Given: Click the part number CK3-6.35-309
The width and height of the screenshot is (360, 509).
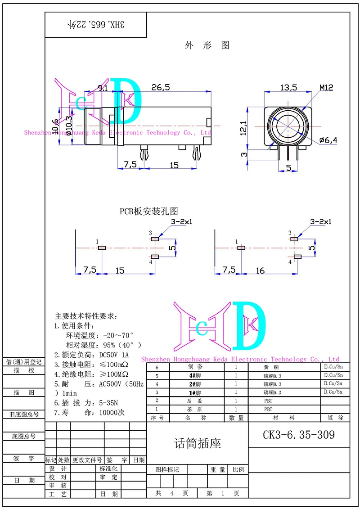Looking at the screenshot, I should coord(299,435).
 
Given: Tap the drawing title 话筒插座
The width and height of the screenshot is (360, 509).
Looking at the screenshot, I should coord(198,444).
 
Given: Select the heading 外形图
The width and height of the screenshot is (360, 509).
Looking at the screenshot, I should coord(207,45).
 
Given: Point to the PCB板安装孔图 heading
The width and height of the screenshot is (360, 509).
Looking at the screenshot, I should coord(149,211).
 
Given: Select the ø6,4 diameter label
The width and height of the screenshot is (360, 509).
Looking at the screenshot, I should coord(328,140).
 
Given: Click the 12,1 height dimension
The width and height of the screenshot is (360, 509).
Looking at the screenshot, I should coord(243,128).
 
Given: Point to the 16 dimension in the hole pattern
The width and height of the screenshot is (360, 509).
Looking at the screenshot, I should coord(260,270).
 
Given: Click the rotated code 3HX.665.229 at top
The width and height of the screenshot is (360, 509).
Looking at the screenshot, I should coord(96,25).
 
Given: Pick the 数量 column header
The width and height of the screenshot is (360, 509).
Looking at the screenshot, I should coord(236,418).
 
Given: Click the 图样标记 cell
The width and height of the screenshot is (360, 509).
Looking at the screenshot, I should coord(167,469).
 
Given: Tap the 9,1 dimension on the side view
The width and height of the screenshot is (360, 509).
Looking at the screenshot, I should coord(103,89).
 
